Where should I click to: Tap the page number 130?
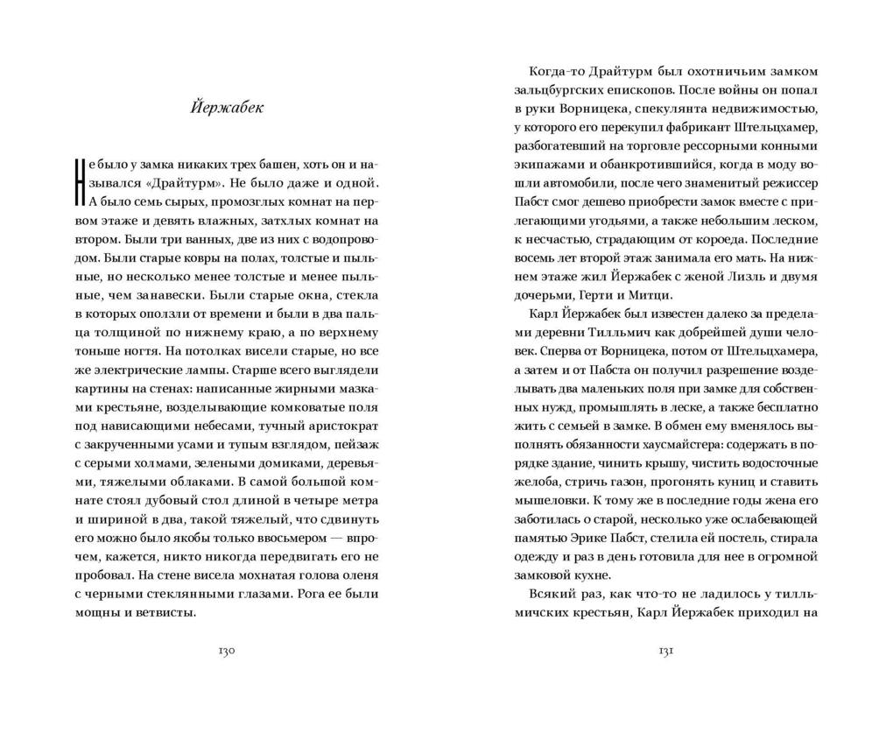pos(226,652)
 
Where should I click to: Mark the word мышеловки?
pos(552,500)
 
